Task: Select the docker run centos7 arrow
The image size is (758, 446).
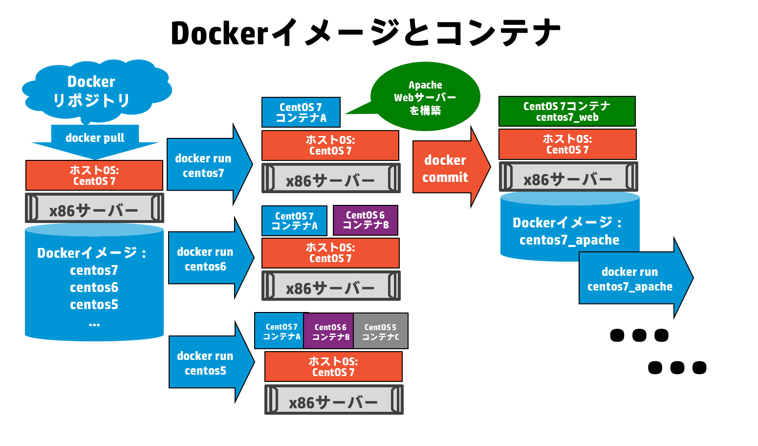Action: tap(205, 165)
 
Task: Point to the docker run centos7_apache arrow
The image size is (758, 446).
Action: tap(630, 279)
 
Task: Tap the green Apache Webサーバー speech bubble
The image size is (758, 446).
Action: tap(425, 97)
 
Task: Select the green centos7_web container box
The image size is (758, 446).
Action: tap(567, 111)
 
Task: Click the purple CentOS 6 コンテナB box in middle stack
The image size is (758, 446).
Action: tap(366, 220)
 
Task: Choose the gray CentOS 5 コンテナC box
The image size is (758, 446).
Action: tap(381, 332)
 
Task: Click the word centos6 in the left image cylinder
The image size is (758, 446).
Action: tap(94, 288)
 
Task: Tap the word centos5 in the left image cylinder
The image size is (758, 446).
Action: tap(94, 305)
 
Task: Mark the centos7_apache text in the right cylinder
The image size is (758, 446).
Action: tap(569, 240)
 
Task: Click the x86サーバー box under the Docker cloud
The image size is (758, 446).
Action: tap(94, 208)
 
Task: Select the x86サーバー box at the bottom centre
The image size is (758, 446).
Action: tap(334, 400)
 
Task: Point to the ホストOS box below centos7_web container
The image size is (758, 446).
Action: tap(567, 144)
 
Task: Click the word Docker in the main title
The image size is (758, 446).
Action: tap(220, 33)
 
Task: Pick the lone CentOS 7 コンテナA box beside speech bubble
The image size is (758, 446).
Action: tap(301, 112)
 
